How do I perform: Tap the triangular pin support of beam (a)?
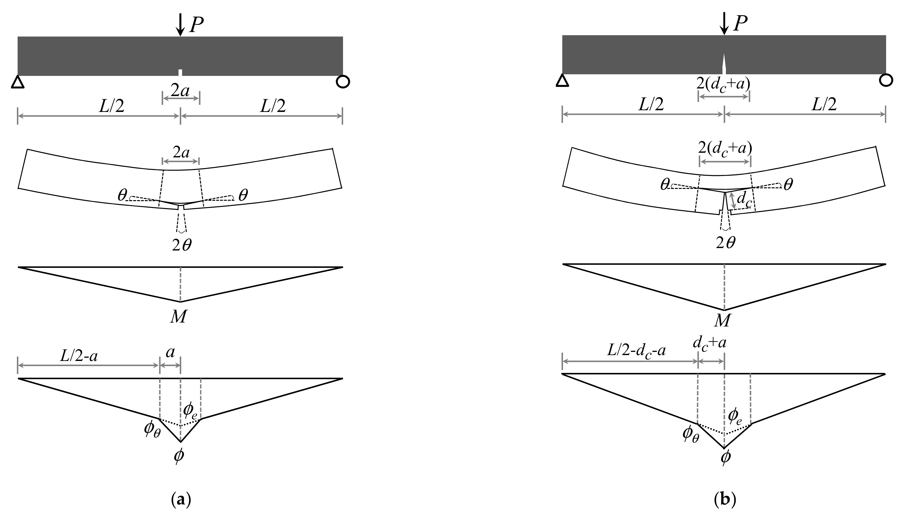coord(18,82)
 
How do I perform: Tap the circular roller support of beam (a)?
coord(343,82)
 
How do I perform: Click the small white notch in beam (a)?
coord(180,73)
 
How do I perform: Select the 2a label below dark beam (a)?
coord(180,91)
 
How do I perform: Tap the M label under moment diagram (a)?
coord(178,317)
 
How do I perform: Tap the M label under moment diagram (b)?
coord(722,321)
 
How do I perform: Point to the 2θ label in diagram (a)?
coord(182,246)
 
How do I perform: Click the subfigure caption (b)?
coord(725,500)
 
